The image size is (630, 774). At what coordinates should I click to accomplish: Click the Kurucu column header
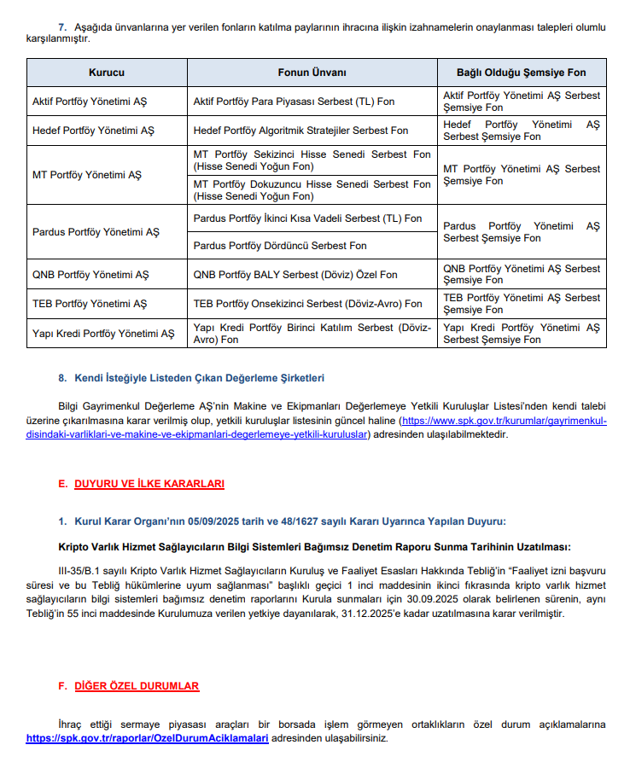coord(107,73)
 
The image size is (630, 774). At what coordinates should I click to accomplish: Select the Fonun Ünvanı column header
coord(312,73)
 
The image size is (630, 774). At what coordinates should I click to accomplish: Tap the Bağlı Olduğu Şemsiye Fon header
coord(522,73)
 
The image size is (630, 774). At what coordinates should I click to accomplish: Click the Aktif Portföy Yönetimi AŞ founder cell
coord(90,102)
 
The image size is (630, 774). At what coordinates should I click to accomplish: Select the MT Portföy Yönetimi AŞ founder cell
coord(87,175)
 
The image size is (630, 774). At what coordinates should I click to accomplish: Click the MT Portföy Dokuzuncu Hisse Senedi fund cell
coord(312,189)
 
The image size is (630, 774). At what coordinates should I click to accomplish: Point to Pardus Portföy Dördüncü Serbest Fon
coord(280,246)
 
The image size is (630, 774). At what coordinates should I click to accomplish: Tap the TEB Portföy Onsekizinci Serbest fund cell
coord(307,304)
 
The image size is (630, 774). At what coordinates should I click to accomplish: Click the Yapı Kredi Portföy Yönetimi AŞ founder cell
coord(103,334)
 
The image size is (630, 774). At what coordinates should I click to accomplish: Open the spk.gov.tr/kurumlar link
coord(504,422)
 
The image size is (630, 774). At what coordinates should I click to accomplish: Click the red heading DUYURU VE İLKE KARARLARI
coord(149,484)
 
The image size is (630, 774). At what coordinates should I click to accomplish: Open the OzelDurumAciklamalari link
coord(148,737)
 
